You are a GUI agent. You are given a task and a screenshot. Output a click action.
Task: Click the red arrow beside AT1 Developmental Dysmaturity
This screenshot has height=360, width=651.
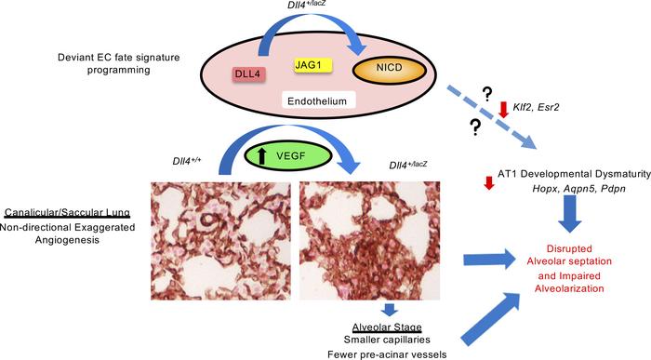click(488, 182)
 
